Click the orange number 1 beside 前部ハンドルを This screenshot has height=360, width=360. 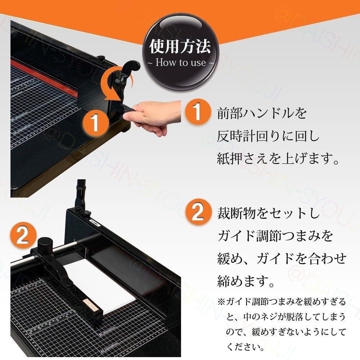click(x=196, y=113)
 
